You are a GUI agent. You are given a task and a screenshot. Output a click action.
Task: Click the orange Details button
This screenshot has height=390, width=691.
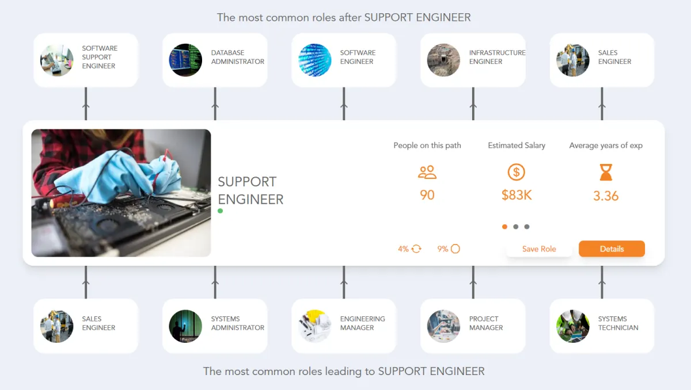click(x=612, y=248)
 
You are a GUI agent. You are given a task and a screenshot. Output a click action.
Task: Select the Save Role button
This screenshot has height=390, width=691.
click(x=539, y=248)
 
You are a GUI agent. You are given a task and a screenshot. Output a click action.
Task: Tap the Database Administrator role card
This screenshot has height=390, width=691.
click(x=215, y=60)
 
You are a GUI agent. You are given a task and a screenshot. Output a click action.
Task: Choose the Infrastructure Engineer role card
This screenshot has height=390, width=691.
click(x=473, y=60)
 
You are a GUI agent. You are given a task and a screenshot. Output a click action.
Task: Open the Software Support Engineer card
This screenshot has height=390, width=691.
click(x=86, y=60)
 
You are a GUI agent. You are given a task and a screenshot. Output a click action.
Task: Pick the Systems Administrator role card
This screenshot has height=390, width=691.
click(x=215, y=326)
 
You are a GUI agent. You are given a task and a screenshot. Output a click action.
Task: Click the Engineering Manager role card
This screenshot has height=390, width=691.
click(x=344, y=326)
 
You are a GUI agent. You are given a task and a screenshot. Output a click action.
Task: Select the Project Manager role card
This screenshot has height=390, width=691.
click(x=473, y=326)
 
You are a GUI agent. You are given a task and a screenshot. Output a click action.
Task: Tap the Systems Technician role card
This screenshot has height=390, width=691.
click(x=602, y=326)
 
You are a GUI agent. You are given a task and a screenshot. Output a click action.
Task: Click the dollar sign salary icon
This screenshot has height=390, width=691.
click(x=517, y=172)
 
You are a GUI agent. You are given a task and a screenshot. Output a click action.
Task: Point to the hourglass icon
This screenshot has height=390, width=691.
click(x=606, y=172)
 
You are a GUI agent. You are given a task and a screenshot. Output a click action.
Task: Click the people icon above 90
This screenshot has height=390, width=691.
click(x=427, y=172)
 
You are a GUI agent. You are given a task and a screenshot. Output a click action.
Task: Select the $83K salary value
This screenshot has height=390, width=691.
click(x=517, y=195)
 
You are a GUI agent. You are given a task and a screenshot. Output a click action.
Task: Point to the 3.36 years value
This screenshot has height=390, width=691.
click(x=606, y=196)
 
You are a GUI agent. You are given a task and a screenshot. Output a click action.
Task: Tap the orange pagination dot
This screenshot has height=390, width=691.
click(x=505, y=227)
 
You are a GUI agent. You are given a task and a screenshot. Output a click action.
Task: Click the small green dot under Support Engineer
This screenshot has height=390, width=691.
click(x=221, y=211)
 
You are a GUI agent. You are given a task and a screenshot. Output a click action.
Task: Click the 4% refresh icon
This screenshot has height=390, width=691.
click(x=416, y=249)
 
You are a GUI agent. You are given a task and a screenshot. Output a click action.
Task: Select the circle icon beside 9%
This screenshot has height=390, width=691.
click(x=455, y=249)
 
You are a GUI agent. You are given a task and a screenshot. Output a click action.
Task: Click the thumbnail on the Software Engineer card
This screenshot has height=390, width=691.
click(x=315, y=60)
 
